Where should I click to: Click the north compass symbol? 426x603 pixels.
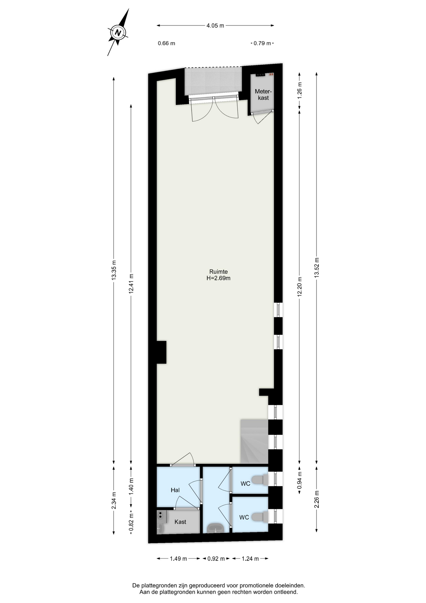(x=118, y=32)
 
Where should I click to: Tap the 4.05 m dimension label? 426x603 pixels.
(x=215, y=26)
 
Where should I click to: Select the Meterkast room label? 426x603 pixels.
(x=263, y=95)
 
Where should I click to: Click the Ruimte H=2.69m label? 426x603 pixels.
(x=218, y=275)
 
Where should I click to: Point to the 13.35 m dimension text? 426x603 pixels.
(x=114, y=270)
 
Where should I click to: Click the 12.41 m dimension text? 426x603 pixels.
(x=131, y=284)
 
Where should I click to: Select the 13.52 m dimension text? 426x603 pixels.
(x=317, y=268)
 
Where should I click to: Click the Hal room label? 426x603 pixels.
(x=175, y=490)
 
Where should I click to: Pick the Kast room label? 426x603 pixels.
(x=180, y=522)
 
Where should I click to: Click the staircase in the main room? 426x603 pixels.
(x=254, y=441)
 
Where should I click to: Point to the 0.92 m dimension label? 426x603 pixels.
(x=216, y=559)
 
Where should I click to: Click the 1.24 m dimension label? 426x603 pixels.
(x=250, y=559)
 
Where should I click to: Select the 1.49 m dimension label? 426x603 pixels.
(x=178, y=559)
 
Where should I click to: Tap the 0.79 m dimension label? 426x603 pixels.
(x=262, y=43)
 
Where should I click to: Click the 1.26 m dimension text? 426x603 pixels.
(x=300, y=90)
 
